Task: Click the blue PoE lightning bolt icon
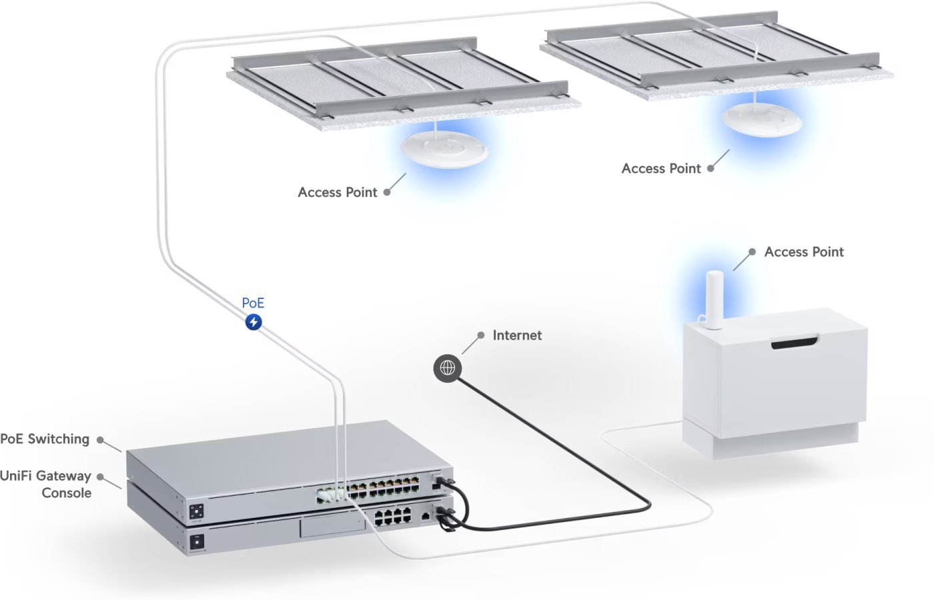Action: tap(254, 322)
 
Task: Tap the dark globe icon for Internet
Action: tap(447, 368)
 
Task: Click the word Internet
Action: tap(517, 335)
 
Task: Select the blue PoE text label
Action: tap(253, 303)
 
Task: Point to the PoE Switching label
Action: tap(45, 439)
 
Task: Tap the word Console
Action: tap(66, 493)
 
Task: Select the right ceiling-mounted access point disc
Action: tap(761, 121)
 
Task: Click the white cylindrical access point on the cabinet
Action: tap(714, 300)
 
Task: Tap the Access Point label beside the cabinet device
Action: tap(804, 252)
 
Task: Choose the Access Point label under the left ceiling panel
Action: tap(338, 192)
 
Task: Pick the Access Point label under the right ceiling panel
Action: tap(661, 169)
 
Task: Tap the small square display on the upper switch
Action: tap(197, 512)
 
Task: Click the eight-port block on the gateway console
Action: tap(392, 516)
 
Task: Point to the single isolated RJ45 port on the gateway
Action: tap(426, 515)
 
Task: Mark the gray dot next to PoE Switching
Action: tap(100, 440)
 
